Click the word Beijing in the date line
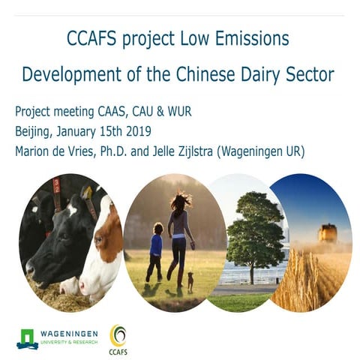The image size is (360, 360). [x=34, y=133]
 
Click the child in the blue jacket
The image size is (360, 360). [x=155, y=250]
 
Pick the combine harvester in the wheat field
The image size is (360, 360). [x=326, y=233]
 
